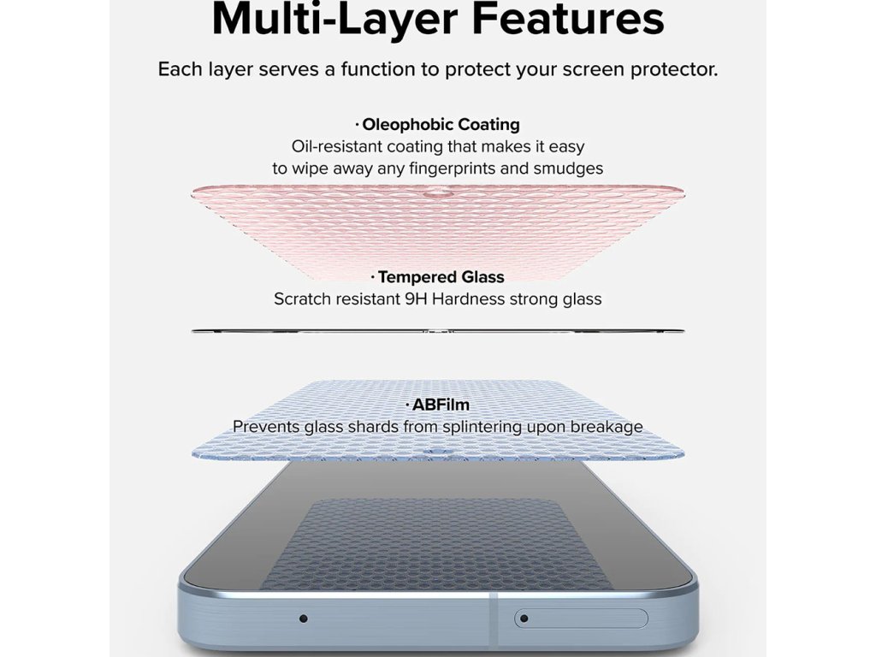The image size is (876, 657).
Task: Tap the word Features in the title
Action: (x=568, y=19)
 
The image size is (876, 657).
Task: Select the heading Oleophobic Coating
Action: (x=437, y=124)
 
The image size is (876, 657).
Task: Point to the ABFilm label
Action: (x=437, y=405)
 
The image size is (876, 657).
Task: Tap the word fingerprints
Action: (x=453, y=169)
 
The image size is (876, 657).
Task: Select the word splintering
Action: (x=479, y=427)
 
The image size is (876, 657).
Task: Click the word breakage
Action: (x=607, y=427)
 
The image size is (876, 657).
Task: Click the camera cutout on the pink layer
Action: (x=437, y=195)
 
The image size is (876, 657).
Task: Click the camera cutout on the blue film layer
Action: (x=437, y=452)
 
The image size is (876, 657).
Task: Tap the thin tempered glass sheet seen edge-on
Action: (x=437, y=331)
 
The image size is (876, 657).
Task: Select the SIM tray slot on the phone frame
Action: (x=581, y=619)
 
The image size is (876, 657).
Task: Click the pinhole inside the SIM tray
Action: (x=524, y=619)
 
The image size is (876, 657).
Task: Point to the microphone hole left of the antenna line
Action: (x=304, y=619)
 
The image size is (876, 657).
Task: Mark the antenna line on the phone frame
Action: (x=493, y=620)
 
